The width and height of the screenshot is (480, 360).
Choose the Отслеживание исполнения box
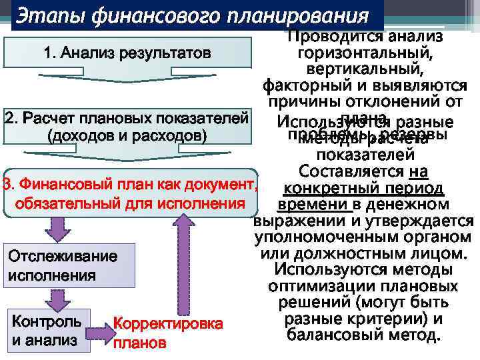[60, 265]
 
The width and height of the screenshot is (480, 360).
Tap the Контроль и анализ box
[47, 330]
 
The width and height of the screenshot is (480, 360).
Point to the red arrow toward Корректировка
[101, 329]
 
